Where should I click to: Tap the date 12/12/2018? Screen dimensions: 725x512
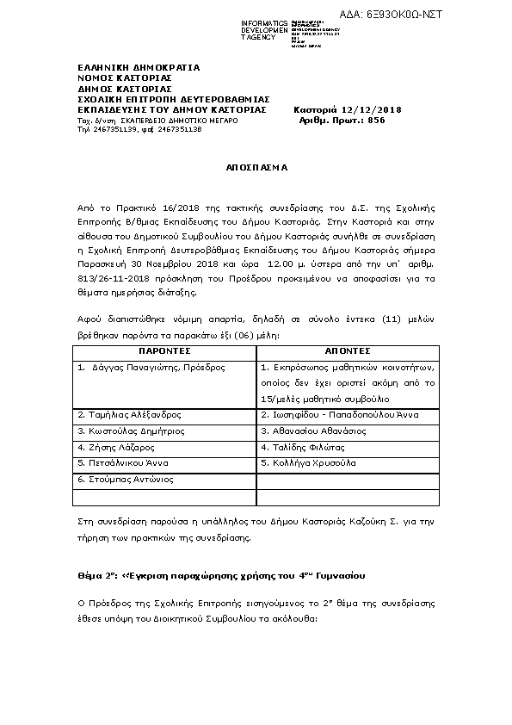point(371,109)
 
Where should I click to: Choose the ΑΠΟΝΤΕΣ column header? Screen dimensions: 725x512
point(347,351)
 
